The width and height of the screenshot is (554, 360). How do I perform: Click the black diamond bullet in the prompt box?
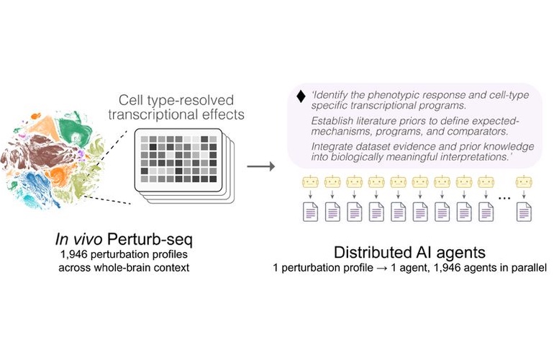coord(301,96)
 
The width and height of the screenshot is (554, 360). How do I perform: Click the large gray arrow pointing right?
coord(260,166)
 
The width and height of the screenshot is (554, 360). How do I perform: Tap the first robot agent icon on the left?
coord(310,182)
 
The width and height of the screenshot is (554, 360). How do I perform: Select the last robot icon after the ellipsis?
coord(524,182)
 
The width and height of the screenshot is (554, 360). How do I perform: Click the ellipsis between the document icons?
coord(504,199)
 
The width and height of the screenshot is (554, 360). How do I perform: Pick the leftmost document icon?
coord(311,212)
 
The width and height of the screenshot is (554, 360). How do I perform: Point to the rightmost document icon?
coord(524,212)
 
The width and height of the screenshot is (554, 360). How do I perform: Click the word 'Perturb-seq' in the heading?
coord(150,240)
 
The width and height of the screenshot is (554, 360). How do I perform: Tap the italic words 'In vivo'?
coord(79,240)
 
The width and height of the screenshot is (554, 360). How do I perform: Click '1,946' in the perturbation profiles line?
coord(74,255)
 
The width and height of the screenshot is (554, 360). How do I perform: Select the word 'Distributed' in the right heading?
coord(371,253)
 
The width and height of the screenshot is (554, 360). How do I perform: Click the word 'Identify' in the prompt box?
coord(330,96)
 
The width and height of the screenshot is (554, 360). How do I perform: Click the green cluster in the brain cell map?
coord(74,129)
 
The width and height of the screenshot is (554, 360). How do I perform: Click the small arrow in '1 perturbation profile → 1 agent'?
coord(381,268)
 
